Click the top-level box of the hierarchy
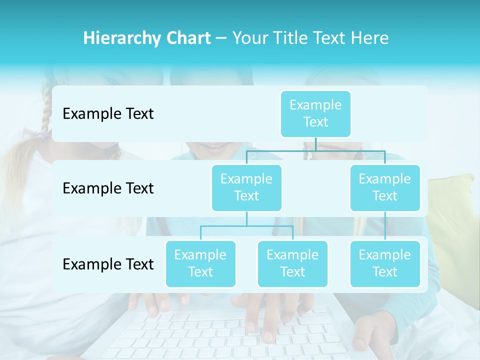tap(315, 114)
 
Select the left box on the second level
tap(246, 187)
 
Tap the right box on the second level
tap(385, 187)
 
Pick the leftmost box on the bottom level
tap(200, 263)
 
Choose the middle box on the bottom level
tap(292, 263)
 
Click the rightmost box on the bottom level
tap(385, 263)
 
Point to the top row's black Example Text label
tap(108, 114)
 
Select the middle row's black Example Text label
tap(108, 188)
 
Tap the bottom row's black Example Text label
tap(108, 264)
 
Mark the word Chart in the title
tap(190, 38)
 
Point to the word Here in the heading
tap(370, 38)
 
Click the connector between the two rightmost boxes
tap(385, 226)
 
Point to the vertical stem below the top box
tap(315, 144)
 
